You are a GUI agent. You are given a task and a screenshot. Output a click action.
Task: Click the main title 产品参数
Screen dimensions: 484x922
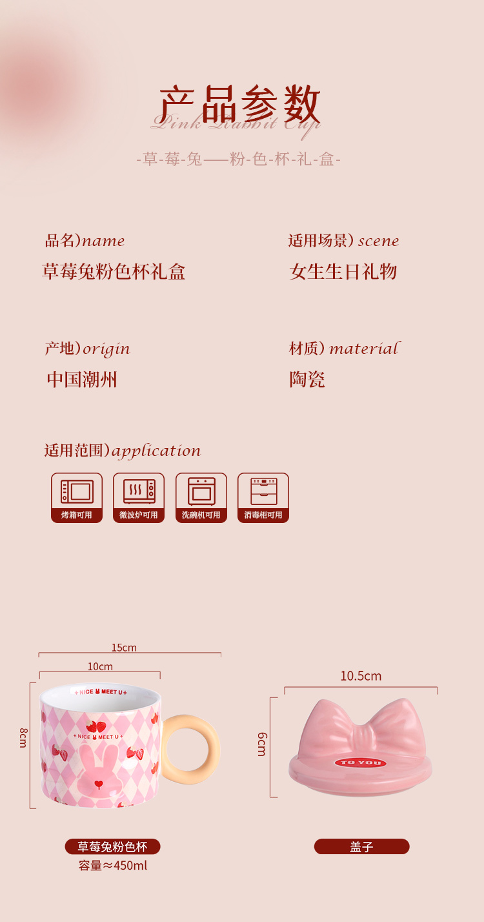(240, 104)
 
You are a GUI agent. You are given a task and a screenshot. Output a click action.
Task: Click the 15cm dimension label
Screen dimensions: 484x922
(124, 648)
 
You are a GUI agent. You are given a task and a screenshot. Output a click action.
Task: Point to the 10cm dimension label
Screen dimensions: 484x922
(100, 666)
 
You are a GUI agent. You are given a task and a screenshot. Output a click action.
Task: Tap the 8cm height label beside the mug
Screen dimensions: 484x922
(23, 737)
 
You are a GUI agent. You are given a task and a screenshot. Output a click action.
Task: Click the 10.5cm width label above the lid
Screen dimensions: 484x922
(361, 676)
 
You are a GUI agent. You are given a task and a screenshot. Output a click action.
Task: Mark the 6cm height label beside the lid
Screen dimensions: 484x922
(262, 744)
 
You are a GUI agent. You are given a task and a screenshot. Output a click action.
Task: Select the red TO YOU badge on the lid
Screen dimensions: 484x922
(361, 763)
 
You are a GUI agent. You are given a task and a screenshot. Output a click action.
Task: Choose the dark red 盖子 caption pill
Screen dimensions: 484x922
(361, 846)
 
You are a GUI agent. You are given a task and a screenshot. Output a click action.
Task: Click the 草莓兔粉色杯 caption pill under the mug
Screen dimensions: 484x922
(112, 846)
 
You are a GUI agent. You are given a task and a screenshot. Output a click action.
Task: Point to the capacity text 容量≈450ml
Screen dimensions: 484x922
(113, 865)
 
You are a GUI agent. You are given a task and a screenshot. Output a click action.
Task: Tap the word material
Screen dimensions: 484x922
(365, 349)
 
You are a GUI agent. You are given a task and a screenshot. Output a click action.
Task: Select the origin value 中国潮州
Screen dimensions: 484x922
(82, 379)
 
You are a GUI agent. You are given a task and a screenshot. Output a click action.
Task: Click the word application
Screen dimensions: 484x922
(156, 451)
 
